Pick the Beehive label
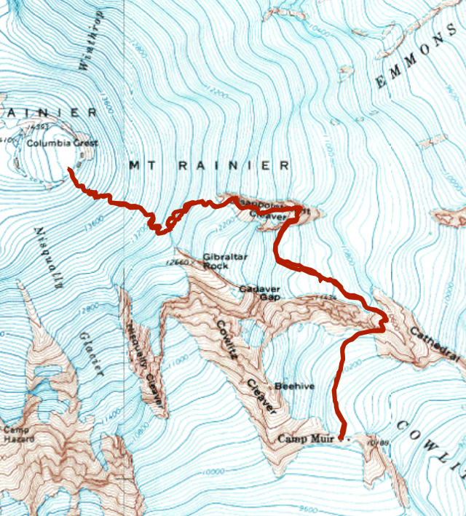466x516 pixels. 295,386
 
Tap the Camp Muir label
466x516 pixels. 309,439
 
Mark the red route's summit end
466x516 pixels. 70,170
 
